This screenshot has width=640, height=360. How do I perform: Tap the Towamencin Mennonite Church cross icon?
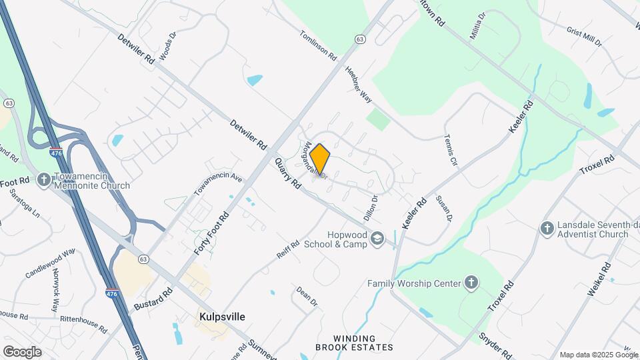pos(44,179)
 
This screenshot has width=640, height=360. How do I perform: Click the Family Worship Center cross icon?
pos(471,283)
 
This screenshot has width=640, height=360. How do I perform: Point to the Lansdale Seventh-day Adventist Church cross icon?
pos(547,228)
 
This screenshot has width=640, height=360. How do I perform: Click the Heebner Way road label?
pos(358,84)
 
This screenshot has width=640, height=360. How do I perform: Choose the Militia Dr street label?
pos(477,25)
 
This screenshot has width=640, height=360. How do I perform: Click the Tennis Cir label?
pos(451,150)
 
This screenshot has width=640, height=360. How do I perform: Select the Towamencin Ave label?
pos(218,185)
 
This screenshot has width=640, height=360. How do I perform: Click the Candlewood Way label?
pos(51,263)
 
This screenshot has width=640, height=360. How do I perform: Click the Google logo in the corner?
pos(22,351)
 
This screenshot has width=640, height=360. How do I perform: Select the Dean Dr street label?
pos(307,297)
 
